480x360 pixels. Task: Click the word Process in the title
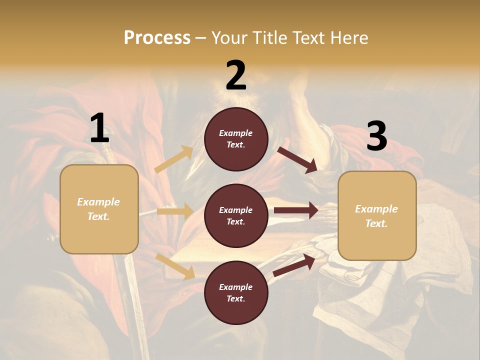pos(157,37)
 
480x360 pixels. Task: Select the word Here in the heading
pos(348,37)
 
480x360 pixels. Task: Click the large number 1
pos(99,128)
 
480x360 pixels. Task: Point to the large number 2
pos(236,75)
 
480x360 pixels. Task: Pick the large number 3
pos(376,136)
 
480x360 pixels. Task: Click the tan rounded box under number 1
pos(99,209)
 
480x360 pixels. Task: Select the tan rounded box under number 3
pos(377,215)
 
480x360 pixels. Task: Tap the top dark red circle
pos(236,139)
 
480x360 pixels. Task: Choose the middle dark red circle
pos(236,215)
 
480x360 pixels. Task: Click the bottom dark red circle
pos(236,292)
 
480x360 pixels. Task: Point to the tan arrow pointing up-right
pos(174,159)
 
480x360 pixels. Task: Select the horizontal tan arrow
pos(175,211)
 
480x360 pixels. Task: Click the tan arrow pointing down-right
pos(175,266)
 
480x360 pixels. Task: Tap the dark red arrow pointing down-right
pos(297,160)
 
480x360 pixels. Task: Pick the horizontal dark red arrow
pos(296,210)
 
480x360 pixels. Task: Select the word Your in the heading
pos(229,37)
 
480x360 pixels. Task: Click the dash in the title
pos(201,38)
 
